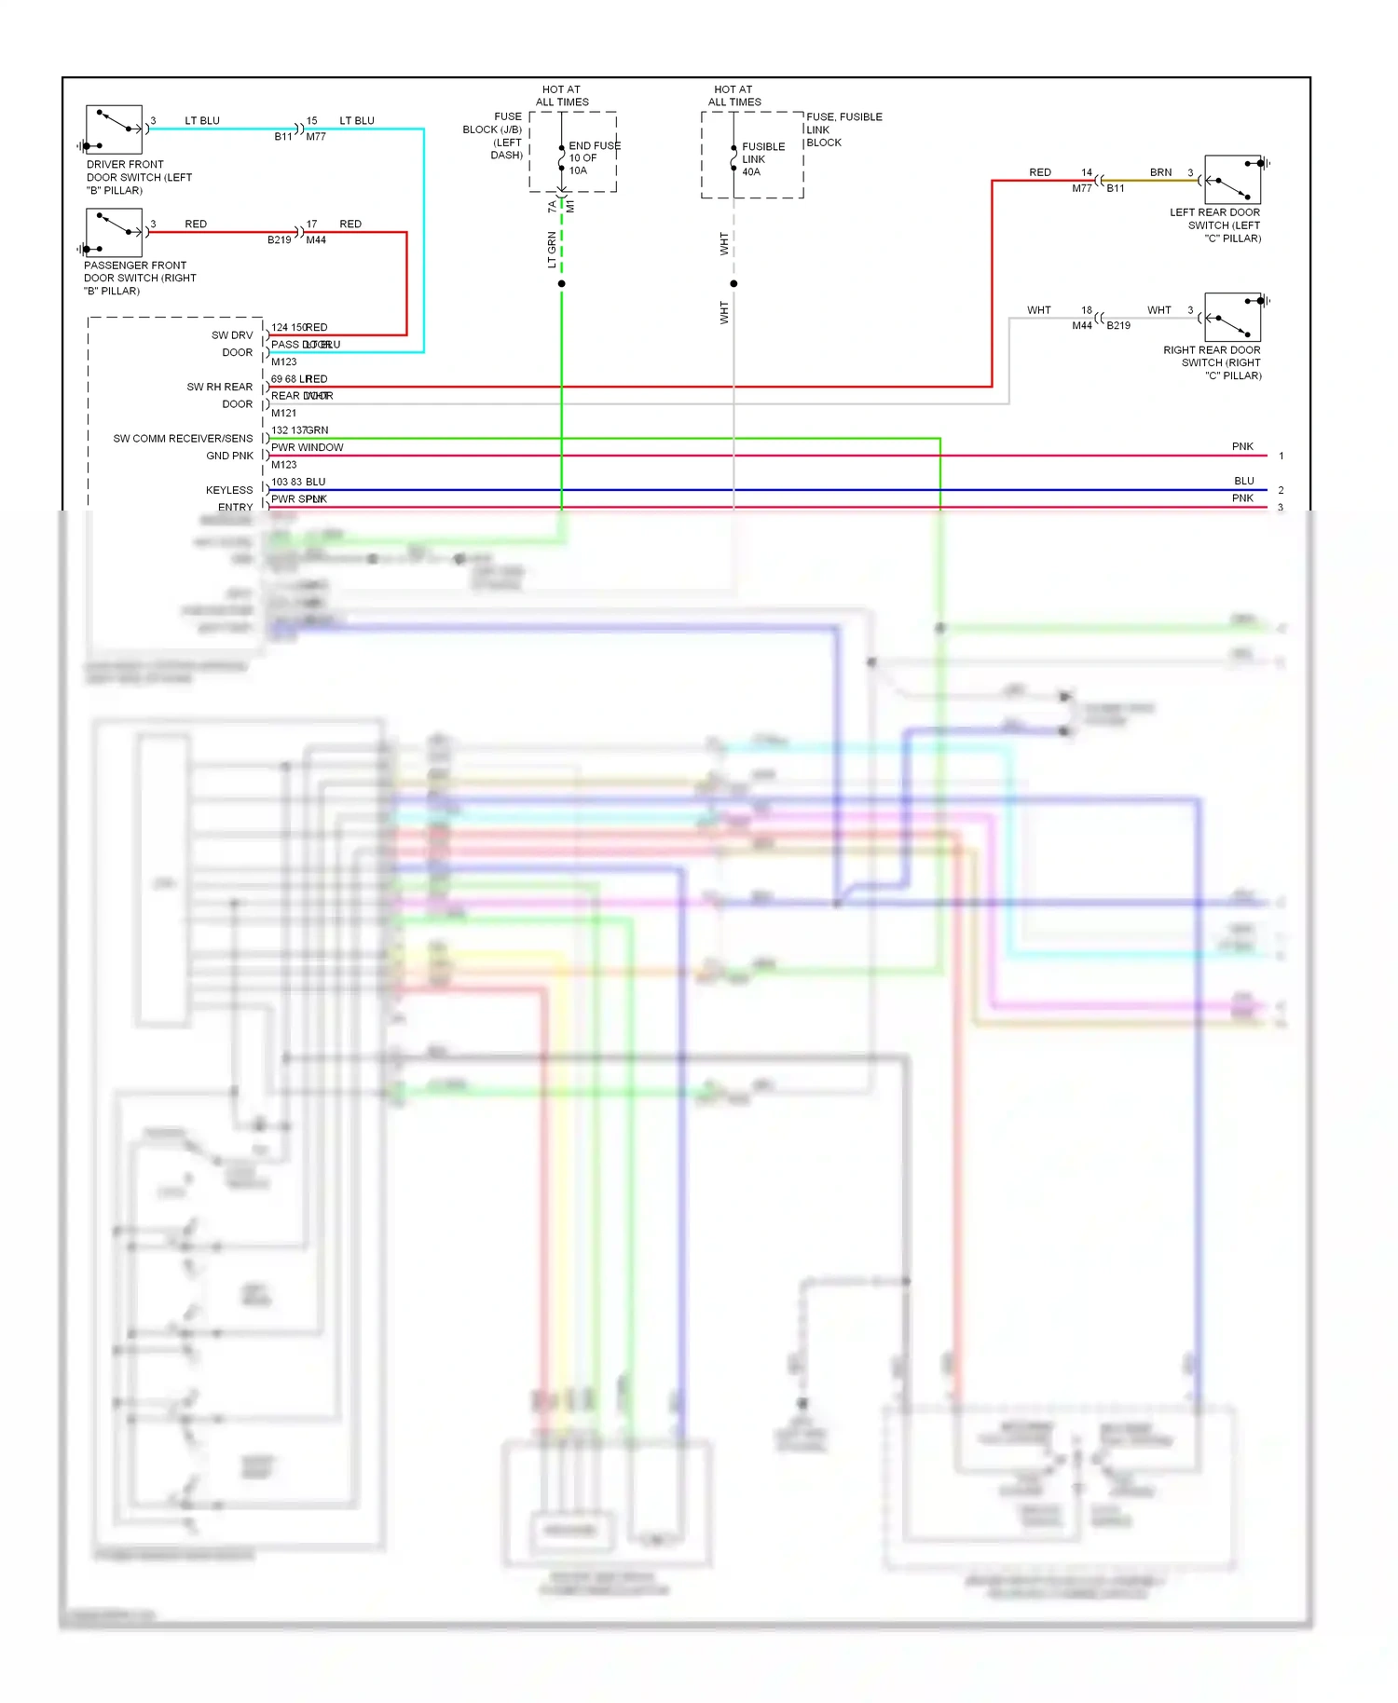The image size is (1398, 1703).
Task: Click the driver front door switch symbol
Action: coord(114,129)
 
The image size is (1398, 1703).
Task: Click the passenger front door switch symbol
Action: coord(114,233)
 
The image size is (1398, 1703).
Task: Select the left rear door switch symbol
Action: coord(1232,180)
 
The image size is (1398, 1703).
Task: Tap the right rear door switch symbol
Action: coord(1232,318)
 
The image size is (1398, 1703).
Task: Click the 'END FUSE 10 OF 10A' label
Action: coord(593,158)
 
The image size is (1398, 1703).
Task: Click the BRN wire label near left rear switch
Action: coord(1160,172)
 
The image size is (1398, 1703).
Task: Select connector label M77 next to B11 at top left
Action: coord(316,137)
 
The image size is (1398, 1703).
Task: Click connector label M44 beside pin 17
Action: coord(316,240)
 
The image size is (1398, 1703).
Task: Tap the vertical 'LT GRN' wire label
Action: coord(552,251)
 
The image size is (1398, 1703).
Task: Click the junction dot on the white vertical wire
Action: coord(733,283)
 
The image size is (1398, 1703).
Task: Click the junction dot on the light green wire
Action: coord(561,283)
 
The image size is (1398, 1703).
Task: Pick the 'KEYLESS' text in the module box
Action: coord(229,490)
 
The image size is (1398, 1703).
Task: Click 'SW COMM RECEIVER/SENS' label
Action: coord(183,439)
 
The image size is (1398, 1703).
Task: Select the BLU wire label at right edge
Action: coord(1243,481)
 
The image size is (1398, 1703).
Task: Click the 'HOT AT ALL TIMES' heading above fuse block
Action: coord(561,96)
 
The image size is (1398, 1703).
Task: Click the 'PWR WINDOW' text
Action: coord(307,447)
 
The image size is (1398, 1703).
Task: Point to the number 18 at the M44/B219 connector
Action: coord(1087,310)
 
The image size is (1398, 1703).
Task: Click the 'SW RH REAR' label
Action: coord(219,387)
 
